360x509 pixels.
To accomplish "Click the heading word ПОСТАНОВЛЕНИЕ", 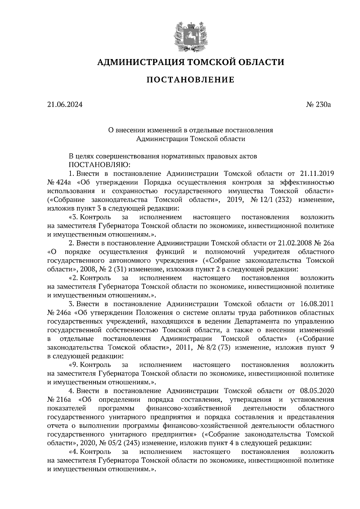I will [190, 80].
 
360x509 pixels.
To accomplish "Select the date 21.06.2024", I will [64, 105].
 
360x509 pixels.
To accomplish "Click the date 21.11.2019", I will [317, 174].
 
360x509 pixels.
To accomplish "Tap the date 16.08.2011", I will [317, 304].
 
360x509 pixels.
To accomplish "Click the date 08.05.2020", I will [317, 391].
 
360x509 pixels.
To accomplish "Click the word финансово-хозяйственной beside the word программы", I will [189, 408].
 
